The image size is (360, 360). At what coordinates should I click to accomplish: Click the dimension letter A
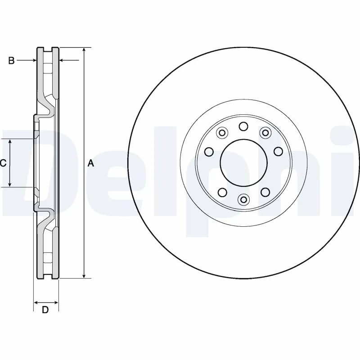(90, 163)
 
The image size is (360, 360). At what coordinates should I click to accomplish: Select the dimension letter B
(12, 60)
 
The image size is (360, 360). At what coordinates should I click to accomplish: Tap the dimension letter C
(3, 163)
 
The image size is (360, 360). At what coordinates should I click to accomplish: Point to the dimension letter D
(45, 310)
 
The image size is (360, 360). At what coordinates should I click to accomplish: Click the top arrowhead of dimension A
(83, 49)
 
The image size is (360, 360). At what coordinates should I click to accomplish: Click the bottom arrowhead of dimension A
(83, 275)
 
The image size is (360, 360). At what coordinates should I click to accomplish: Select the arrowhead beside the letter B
(33, 60)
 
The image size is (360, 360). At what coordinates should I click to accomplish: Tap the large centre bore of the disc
(243, 163)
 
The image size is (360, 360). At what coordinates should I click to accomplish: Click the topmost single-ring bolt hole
(243, 126)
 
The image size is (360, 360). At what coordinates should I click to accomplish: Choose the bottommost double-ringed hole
(243, 199)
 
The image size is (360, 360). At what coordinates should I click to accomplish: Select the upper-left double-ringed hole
(221, 133)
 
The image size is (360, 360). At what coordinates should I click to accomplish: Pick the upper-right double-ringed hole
(265, 133)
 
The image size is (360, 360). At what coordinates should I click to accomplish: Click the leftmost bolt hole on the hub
(209, 151)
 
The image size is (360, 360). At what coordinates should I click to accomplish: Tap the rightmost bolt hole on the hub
(278, 151)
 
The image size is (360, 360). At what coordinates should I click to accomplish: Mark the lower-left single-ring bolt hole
(222, 192)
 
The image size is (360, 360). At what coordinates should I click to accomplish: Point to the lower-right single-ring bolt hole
(265, 192)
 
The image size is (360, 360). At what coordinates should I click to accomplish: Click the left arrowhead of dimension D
(36, 301)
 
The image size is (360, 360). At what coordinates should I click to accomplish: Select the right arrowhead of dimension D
(56, 301)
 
